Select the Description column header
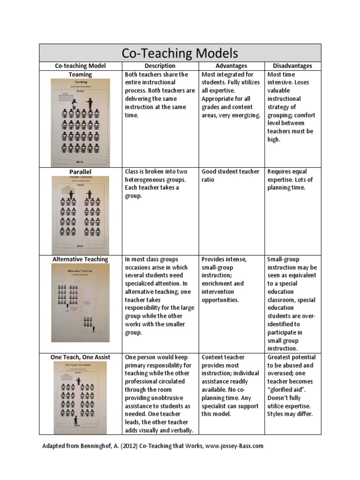tap(160, 66)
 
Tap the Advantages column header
tap(231, 66)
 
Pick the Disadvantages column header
tap(293, 66)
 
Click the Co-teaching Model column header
tap(80, 66)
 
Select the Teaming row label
tap(80, 75)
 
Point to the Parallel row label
tap(80, 172)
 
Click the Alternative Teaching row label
tap(80, 259)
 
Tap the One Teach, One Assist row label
tap(80, 357)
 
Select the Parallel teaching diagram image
tap(80, 215)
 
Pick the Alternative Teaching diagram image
tap(80, 303)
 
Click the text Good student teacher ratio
tap(230, 176)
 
